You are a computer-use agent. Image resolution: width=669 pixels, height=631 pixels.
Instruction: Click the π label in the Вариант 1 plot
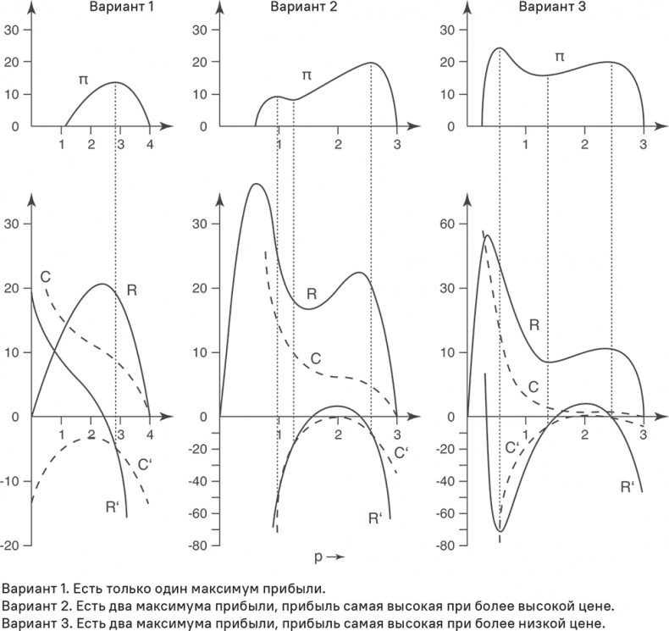[83, 80]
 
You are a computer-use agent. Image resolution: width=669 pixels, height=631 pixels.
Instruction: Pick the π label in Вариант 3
[559, 56]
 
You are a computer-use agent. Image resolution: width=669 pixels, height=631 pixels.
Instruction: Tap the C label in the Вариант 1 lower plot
[45, 277]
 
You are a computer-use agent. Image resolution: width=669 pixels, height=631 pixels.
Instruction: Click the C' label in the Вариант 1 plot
[144, 463]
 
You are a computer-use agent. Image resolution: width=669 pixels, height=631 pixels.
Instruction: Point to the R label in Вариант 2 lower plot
[312, 295]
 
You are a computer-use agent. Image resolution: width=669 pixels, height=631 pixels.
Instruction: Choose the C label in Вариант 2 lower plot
[315, 357]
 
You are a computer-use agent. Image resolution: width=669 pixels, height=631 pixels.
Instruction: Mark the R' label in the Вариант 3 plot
[628, 487]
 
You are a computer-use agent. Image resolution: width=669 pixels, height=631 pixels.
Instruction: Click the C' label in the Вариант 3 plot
[512, 447]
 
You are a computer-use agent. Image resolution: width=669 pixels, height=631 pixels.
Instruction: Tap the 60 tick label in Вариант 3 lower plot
[448, 224]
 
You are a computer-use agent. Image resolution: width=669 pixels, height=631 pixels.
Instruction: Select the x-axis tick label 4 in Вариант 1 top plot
[149, 143]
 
